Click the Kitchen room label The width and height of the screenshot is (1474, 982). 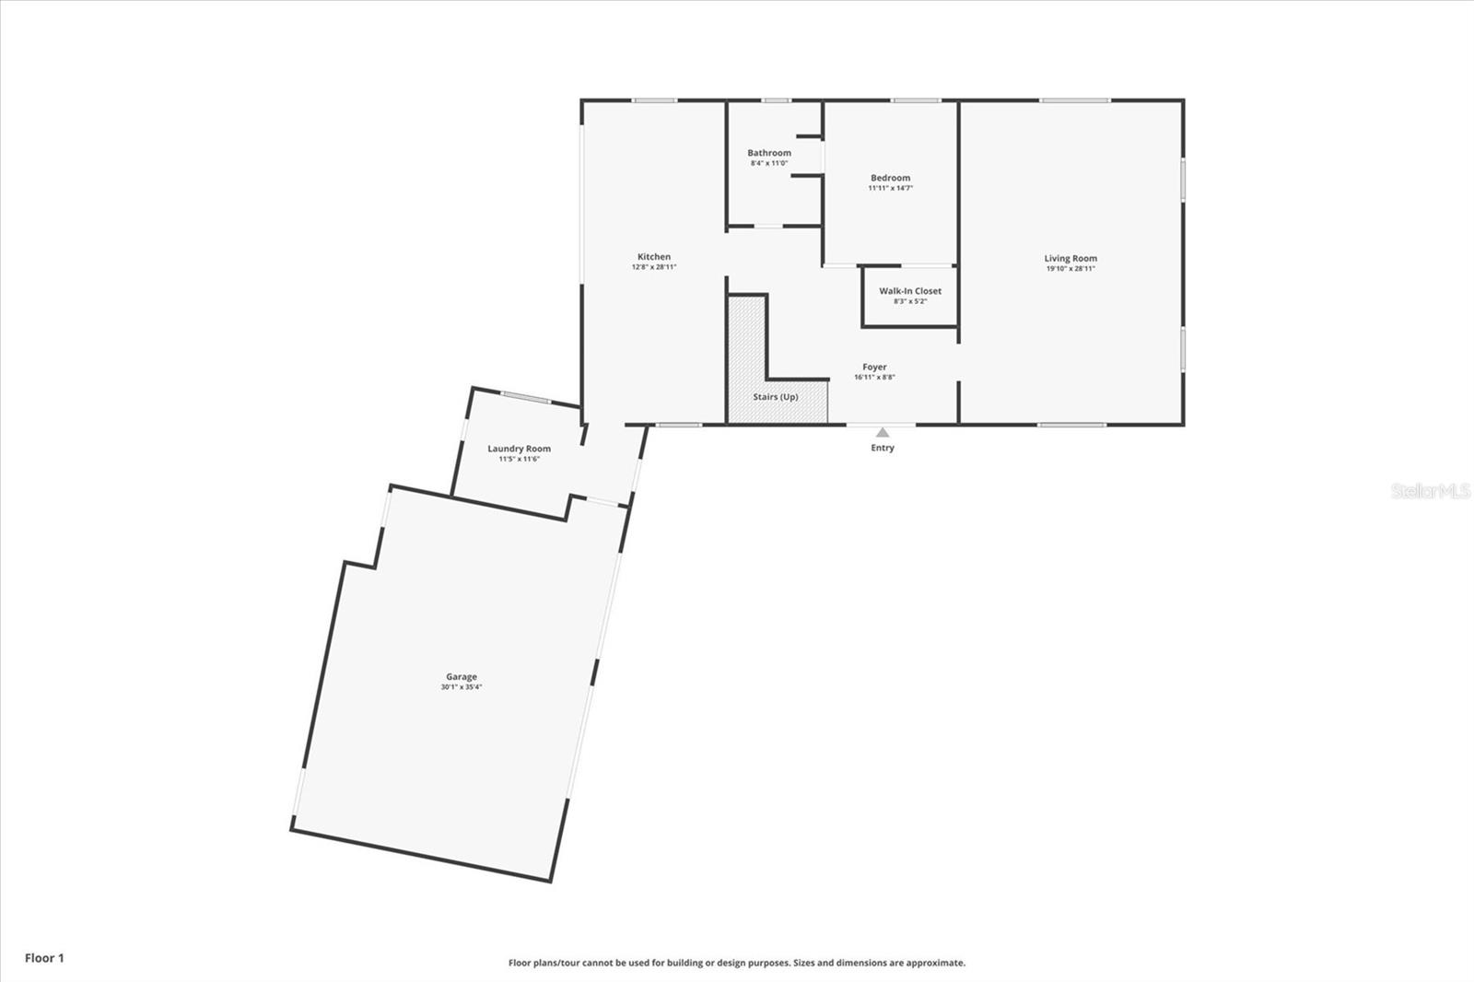pos(654,257)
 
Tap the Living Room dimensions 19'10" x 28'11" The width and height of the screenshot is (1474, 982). pos(1070,269)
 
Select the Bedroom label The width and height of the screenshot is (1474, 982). pos(890,178)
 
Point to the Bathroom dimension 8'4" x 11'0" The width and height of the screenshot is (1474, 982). pos(769,163)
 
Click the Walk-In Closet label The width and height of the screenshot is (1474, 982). pos(910,291)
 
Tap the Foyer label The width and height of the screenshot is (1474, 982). pos(874,367)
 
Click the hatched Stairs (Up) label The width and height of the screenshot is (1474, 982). pos(776,397)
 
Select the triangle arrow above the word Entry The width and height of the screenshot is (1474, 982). pos(883,432)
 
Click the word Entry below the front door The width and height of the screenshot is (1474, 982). pos(883,448)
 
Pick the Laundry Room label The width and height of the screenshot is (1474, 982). pos(519,449)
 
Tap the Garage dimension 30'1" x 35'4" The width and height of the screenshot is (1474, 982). pos(462,687)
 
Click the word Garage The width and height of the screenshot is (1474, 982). pos(462,676)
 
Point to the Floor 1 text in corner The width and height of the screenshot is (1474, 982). pos(44,958)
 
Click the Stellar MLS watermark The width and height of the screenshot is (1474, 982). pos(1430,492)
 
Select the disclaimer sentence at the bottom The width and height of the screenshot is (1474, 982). pos(737,963)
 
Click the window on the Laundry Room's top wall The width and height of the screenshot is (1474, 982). pos(525,397)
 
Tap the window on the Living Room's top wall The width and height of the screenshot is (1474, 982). pos(1074,100)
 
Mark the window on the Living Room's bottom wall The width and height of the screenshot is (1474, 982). pos(1071,425)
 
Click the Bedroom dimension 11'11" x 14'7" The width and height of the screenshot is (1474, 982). pos(890,188)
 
